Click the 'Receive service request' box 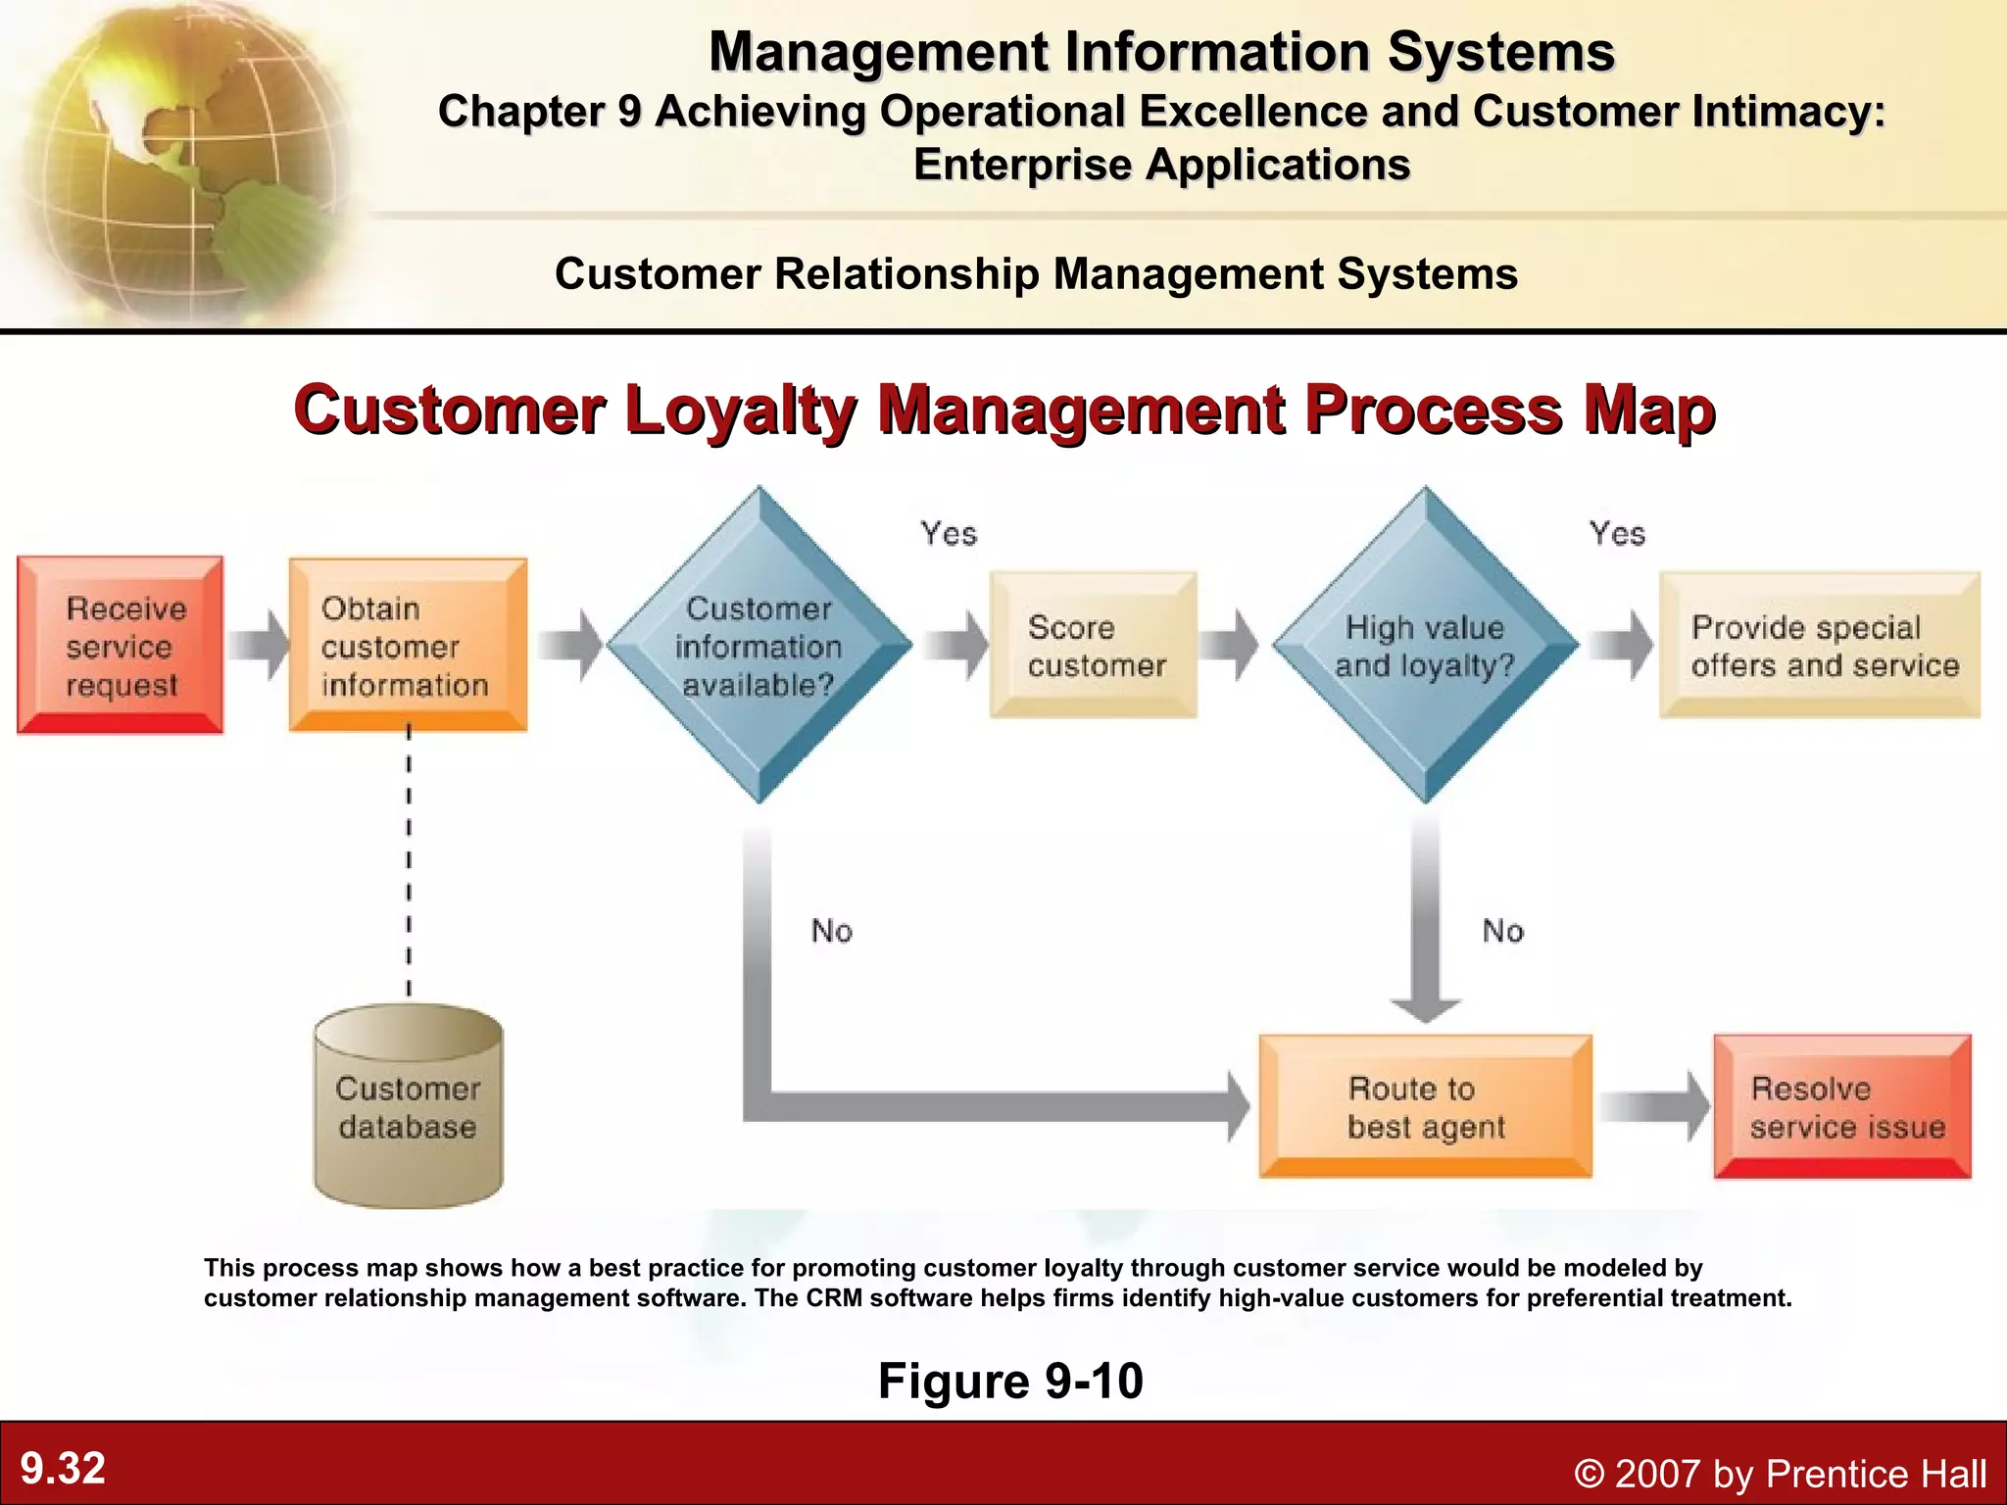click(121, 646)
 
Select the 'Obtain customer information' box click(408, 646)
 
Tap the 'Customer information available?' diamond click(759, 646)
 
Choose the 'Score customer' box click(1094, 646)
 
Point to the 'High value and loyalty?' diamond click(1425, 646)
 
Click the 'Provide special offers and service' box click(1820, 646)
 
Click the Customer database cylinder click(408, 1107)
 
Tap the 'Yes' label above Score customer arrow click(949, 534)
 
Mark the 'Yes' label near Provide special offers click(1617, 534)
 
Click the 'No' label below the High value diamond click(1502, 931)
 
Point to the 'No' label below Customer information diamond click(832, 931)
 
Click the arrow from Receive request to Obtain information click(258, 646)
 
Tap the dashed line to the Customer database click(409, 862)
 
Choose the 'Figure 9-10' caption click(1010, 1381)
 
